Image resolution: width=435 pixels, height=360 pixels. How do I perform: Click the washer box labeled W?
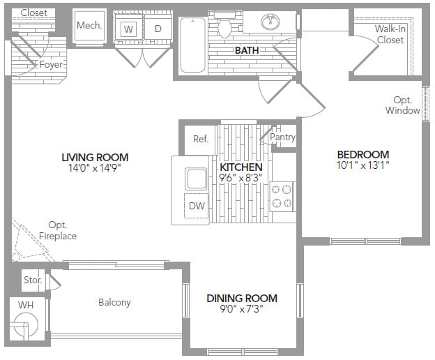tap(128, 29)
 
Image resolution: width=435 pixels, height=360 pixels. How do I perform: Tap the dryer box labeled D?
tap(158, 29)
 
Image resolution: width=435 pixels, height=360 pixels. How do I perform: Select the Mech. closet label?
tap(89, 26)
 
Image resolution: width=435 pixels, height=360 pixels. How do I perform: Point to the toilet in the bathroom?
tap(224, 27)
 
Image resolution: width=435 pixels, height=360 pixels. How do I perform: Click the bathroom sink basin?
tap(270, 22)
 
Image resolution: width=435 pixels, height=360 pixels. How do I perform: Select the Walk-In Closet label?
tap(390, 34)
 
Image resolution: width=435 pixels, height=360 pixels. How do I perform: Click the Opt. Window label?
tap(402, 105)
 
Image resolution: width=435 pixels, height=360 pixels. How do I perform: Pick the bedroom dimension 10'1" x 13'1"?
tap(362, 166)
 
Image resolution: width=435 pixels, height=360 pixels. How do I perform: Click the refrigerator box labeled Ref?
tap(201, 139)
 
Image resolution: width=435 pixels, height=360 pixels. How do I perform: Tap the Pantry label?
tap(283, 137)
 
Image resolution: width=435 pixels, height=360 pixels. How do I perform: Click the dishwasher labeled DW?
tap(196, 206)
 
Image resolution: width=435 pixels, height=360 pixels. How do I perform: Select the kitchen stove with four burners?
tap(282, 195)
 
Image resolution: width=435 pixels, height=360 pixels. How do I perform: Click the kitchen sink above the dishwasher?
tap(196, 178)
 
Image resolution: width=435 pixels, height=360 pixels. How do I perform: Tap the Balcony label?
tap(114, 302)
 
